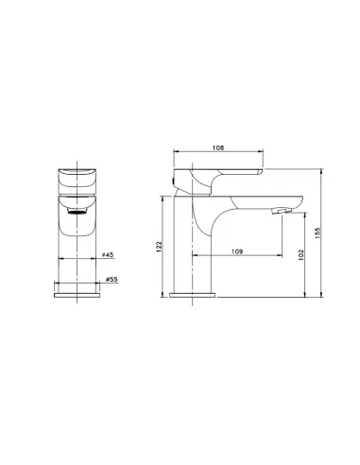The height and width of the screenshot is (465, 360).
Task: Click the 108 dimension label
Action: (218, 147)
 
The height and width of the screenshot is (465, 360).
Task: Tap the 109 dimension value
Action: (237, 251)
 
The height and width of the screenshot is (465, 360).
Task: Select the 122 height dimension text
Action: (159, 247)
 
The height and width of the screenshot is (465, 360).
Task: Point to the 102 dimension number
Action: (300, 254)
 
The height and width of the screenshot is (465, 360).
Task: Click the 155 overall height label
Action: (317, 233)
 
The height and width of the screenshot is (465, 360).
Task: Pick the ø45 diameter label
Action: (108, 254)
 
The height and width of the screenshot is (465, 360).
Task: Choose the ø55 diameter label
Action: (111, 279)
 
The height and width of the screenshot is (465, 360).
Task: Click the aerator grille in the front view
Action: (77, 212)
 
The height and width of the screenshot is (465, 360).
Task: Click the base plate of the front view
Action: (77, 295)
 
